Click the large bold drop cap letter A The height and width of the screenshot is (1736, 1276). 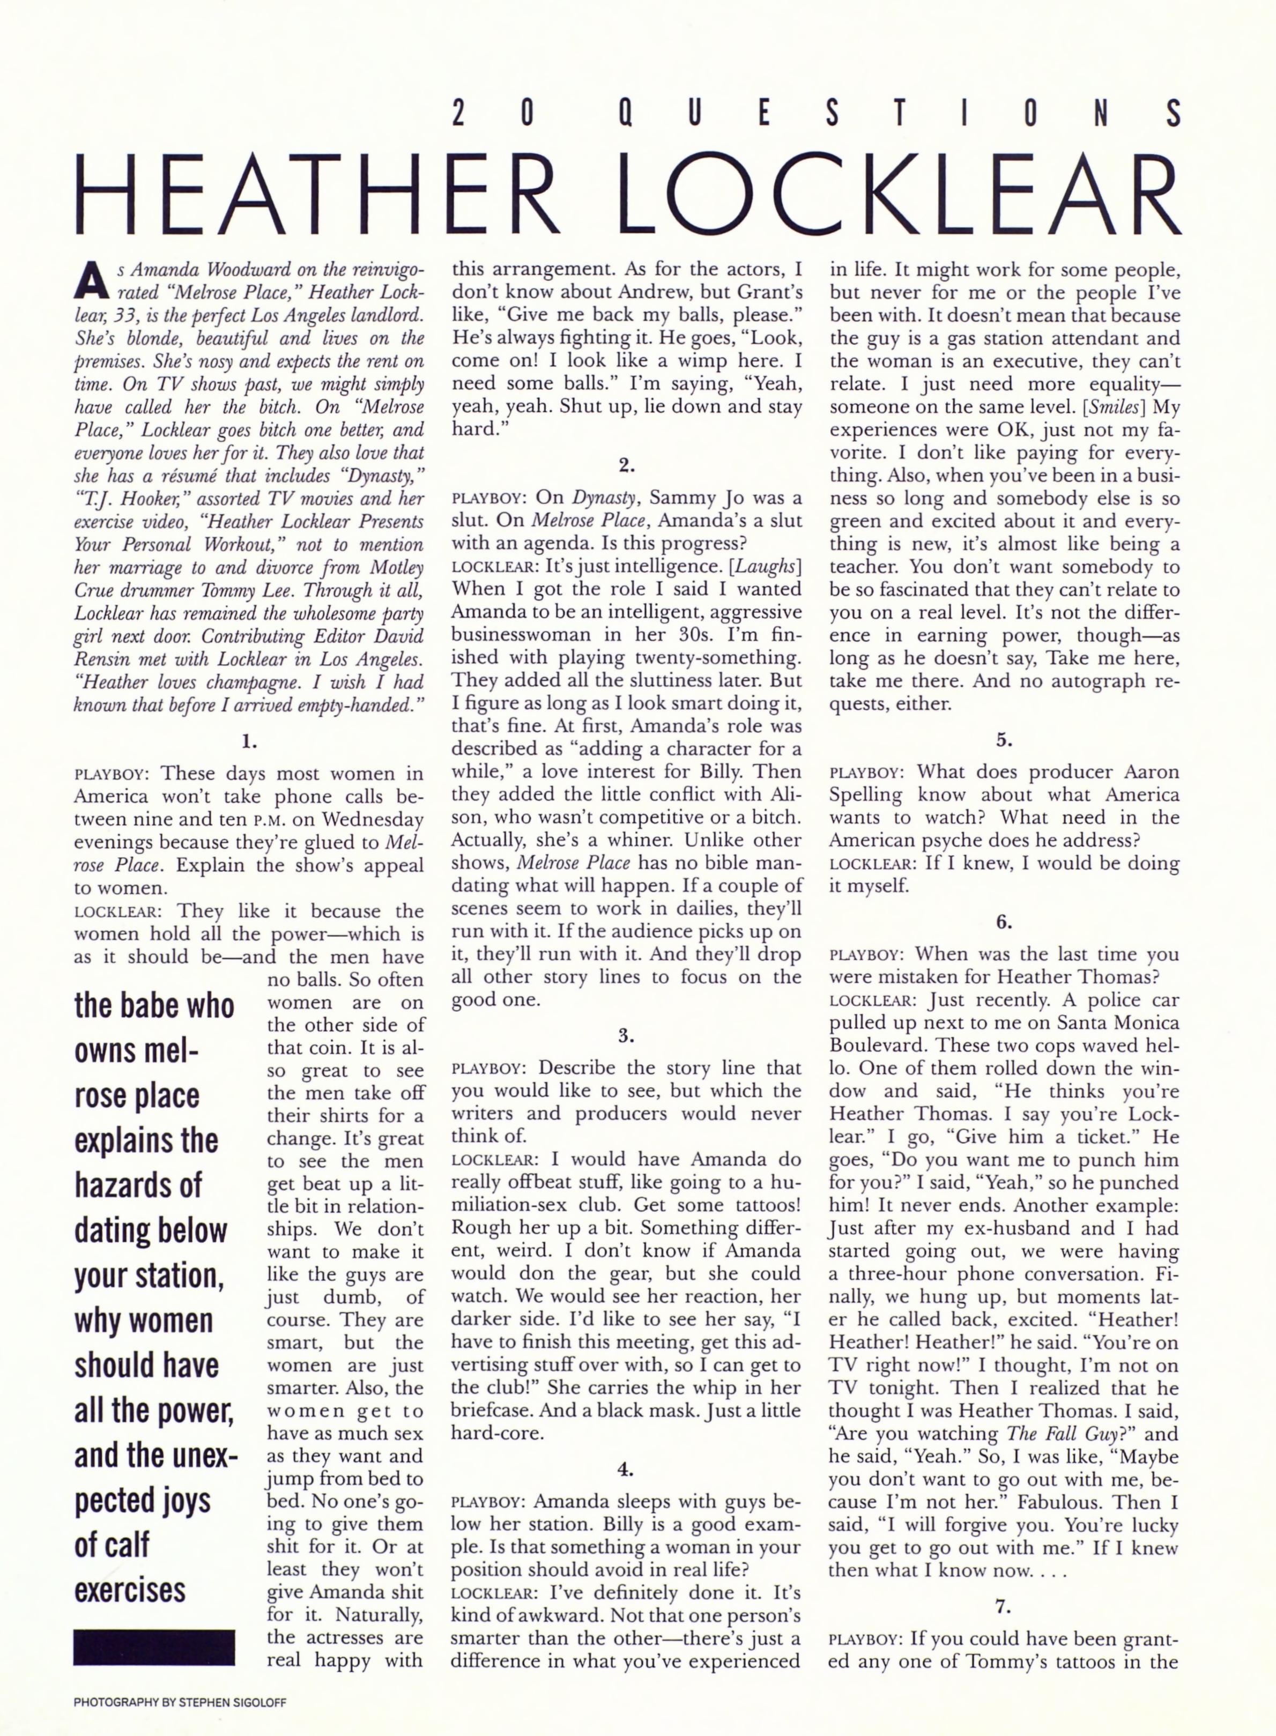[91, 280]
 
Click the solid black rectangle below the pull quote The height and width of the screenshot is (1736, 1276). [154, 1646]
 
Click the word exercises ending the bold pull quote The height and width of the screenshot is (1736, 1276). [130, 1590]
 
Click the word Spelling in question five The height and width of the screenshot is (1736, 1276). [866, 795]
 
